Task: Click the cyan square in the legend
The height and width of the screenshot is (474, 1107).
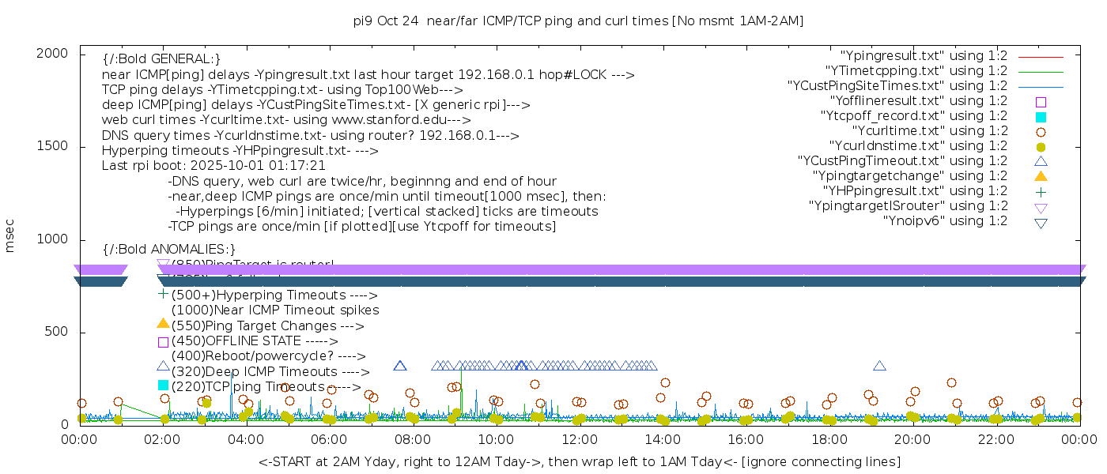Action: click(x=1041, y=117)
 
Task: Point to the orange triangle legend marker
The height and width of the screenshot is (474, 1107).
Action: click(x=1041, y=176)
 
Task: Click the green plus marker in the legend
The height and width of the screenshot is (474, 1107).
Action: click(x=1041, y=191)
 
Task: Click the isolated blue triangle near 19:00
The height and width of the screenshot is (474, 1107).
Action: click(x=879, y=366)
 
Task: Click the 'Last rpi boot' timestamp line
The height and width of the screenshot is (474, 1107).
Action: click(x=213, y=166)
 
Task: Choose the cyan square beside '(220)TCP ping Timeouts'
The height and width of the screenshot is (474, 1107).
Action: click(x=163, y=386)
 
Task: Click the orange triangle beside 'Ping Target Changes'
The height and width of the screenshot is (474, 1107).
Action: click(x=163, y=323)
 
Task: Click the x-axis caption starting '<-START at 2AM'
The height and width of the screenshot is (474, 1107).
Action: click(x=579, y=461)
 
